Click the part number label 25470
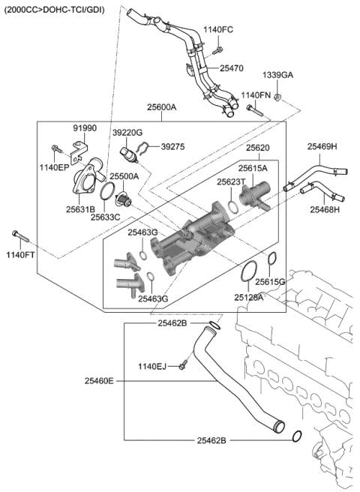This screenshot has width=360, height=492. click(231, 68)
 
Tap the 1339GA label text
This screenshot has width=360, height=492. click(277, 76)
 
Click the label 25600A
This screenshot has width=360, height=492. click(161, 107)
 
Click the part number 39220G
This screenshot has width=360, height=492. click(128, 132)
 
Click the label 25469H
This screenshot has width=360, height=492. click(322, 147)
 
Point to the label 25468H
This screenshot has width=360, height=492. click(325, 209)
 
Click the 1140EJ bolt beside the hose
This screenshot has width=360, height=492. click(182, 365)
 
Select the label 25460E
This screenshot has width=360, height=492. click(99, 381)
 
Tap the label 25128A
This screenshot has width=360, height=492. click(248, 298)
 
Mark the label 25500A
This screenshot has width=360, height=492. click(124, 177)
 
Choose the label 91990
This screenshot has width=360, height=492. click(85, 128)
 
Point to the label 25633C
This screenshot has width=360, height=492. click(106, 216)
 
